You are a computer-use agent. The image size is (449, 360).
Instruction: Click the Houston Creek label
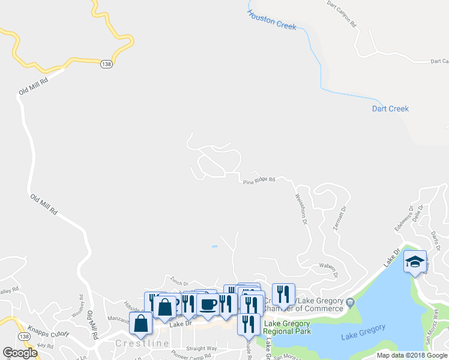point(272,20)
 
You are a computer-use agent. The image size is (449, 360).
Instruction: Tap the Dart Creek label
point(390,109)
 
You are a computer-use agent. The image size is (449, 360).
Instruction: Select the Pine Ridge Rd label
point(259,179)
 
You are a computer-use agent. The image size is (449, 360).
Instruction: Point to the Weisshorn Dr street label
point(301,209)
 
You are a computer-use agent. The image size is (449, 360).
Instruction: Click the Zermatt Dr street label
point(340,220)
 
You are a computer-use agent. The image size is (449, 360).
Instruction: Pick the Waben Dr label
point(327,267)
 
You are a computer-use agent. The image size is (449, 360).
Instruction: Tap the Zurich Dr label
point(179,283)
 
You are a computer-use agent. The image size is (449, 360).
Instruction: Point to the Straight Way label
point(201,348)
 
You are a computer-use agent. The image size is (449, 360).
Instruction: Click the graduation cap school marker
point(415,262)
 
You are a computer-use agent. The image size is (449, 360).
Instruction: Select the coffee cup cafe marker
point(208,304)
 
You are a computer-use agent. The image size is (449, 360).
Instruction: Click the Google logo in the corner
point(20,352)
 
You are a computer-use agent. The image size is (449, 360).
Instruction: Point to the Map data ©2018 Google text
point(412,355)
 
